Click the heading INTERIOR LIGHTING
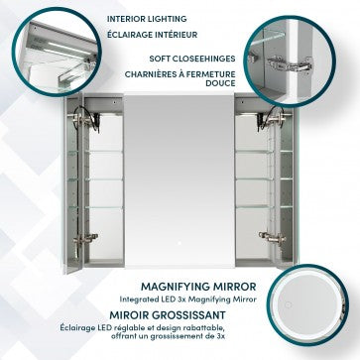pos(147,19)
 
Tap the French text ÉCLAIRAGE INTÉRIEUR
pos(152,35)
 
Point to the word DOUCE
pos(220,83)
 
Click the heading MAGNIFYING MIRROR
pos(198,287)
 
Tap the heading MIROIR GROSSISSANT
pos(168,315)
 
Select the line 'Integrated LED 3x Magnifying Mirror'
pos(187,300)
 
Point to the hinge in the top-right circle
pos(291,63)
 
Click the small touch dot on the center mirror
pos(180,243)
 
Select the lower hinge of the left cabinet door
pos(85,238)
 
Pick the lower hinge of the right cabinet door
pos(272,236)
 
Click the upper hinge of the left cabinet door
pos(84,119)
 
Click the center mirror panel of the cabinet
pos(180,180)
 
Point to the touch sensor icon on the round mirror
pos(288,304)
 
